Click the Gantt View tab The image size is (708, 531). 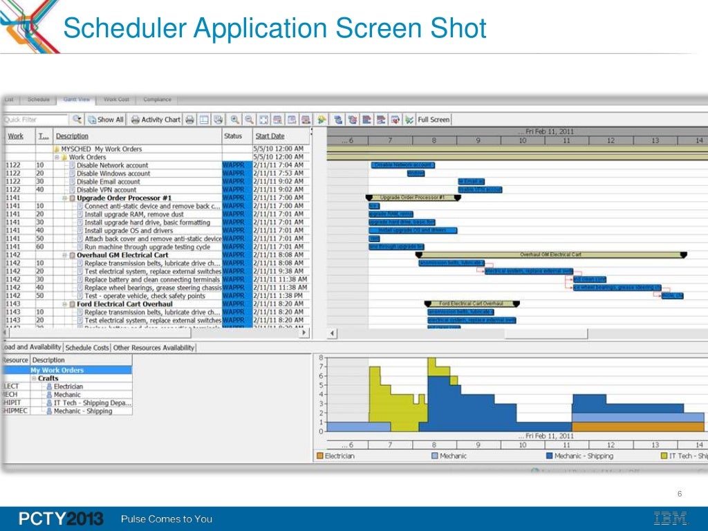pos(77,100)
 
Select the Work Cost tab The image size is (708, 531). pos(116,100)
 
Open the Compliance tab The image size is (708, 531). pos(157,100)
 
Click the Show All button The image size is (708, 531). pos(106,120)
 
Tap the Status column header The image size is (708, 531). pos(233,136)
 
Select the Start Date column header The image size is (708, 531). pos(270,136)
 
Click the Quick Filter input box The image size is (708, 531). pos(35,120)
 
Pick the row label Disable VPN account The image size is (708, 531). pos(106,189)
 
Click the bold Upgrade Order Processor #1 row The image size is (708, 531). pos(124,198)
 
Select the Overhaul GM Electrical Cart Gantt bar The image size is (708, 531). pos(550,254)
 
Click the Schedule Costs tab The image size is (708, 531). pos(87,348)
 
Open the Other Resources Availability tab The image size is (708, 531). pos(153,348)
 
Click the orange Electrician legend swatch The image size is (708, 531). pos(319,456)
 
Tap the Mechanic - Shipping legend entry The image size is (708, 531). pos(583,456)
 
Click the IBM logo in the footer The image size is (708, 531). pos(670,519)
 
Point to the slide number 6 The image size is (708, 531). pos(680,493)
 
